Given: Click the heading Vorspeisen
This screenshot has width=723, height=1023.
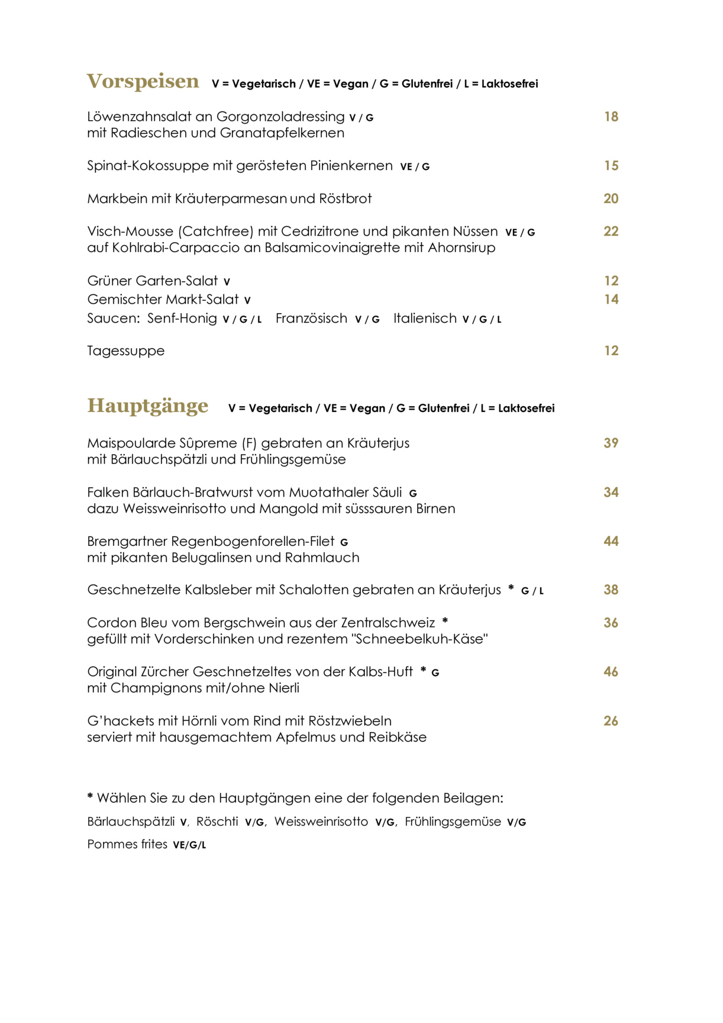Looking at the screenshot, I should pos(143,81).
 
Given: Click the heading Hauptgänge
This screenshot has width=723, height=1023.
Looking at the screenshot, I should pos(147,406).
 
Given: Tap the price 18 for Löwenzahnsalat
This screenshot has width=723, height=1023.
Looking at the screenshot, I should pos(611,117).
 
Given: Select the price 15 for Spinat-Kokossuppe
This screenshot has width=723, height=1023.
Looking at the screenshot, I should pos(611,166).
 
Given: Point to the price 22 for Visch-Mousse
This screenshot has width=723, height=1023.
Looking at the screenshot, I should pos(611,231).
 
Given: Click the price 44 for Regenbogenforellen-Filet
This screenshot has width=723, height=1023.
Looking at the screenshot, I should pos(611,541).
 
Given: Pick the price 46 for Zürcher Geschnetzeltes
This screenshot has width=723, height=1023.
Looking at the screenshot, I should pos(611,672).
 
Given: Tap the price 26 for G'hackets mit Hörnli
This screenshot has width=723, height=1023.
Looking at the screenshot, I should pos(611,721).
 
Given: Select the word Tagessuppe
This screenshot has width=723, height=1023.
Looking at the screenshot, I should pos(125,351).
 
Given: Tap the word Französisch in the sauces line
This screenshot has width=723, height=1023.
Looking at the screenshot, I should pos(311,319).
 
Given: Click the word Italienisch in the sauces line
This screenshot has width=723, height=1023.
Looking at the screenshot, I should pos(425,319).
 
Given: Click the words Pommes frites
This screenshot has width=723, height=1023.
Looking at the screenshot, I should pos(127,844).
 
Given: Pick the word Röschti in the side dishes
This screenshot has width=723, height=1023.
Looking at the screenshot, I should pos(217,822).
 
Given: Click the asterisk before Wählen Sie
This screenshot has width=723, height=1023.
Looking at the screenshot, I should pos(90,797).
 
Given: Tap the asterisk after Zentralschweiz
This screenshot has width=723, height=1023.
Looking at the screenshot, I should pos(445,621).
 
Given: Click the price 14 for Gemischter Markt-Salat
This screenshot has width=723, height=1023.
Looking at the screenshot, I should pos(611,300).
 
